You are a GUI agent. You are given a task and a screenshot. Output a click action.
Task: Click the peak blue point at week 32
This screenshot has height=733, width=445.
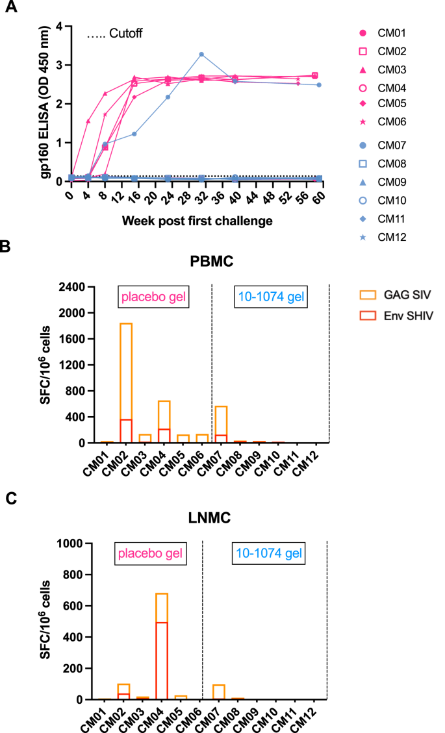tap(201, 54)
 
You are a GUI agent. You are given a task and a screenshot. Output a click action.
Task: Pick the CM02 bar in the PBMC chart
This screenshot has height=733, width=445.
tap(125, 383)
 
